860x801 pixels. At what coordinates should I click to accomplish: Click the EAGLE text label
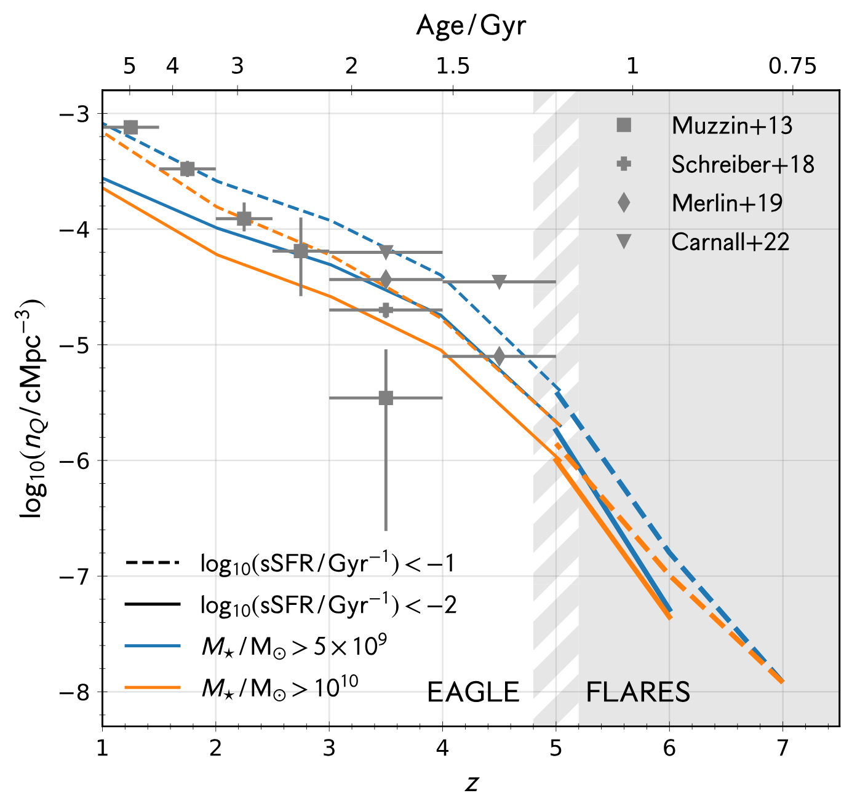[473, 693]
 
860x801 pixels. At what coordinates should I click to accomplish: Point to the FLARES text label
[638, 693]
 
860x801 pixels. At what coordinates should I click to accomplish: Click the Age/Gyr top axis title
[471, 26]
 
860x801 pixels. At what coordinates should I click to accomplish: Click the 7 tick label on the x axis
[782, 748]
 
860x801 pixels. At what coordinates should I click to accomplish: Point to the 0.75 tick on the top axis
[792, 66]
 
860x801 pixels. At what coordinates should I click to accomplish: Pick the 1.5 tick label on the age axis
[453, 66]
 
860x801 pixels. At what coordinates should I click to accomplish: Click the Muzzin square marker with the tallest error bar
[386, 398]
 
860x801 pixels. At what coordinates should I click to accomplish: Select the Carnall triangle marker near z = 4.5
[499, 282]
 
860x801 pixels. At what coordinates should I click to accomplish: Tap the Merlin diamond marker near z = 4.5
[499, 356]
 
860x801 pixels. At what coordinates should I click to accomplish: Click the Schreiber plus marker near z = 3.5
[386, 310]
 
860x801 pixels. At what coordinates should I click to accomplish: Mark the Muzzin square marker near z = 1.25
[130, 127]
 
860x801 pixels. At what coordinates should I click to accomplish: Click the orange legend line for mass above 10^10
[153, 687]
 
